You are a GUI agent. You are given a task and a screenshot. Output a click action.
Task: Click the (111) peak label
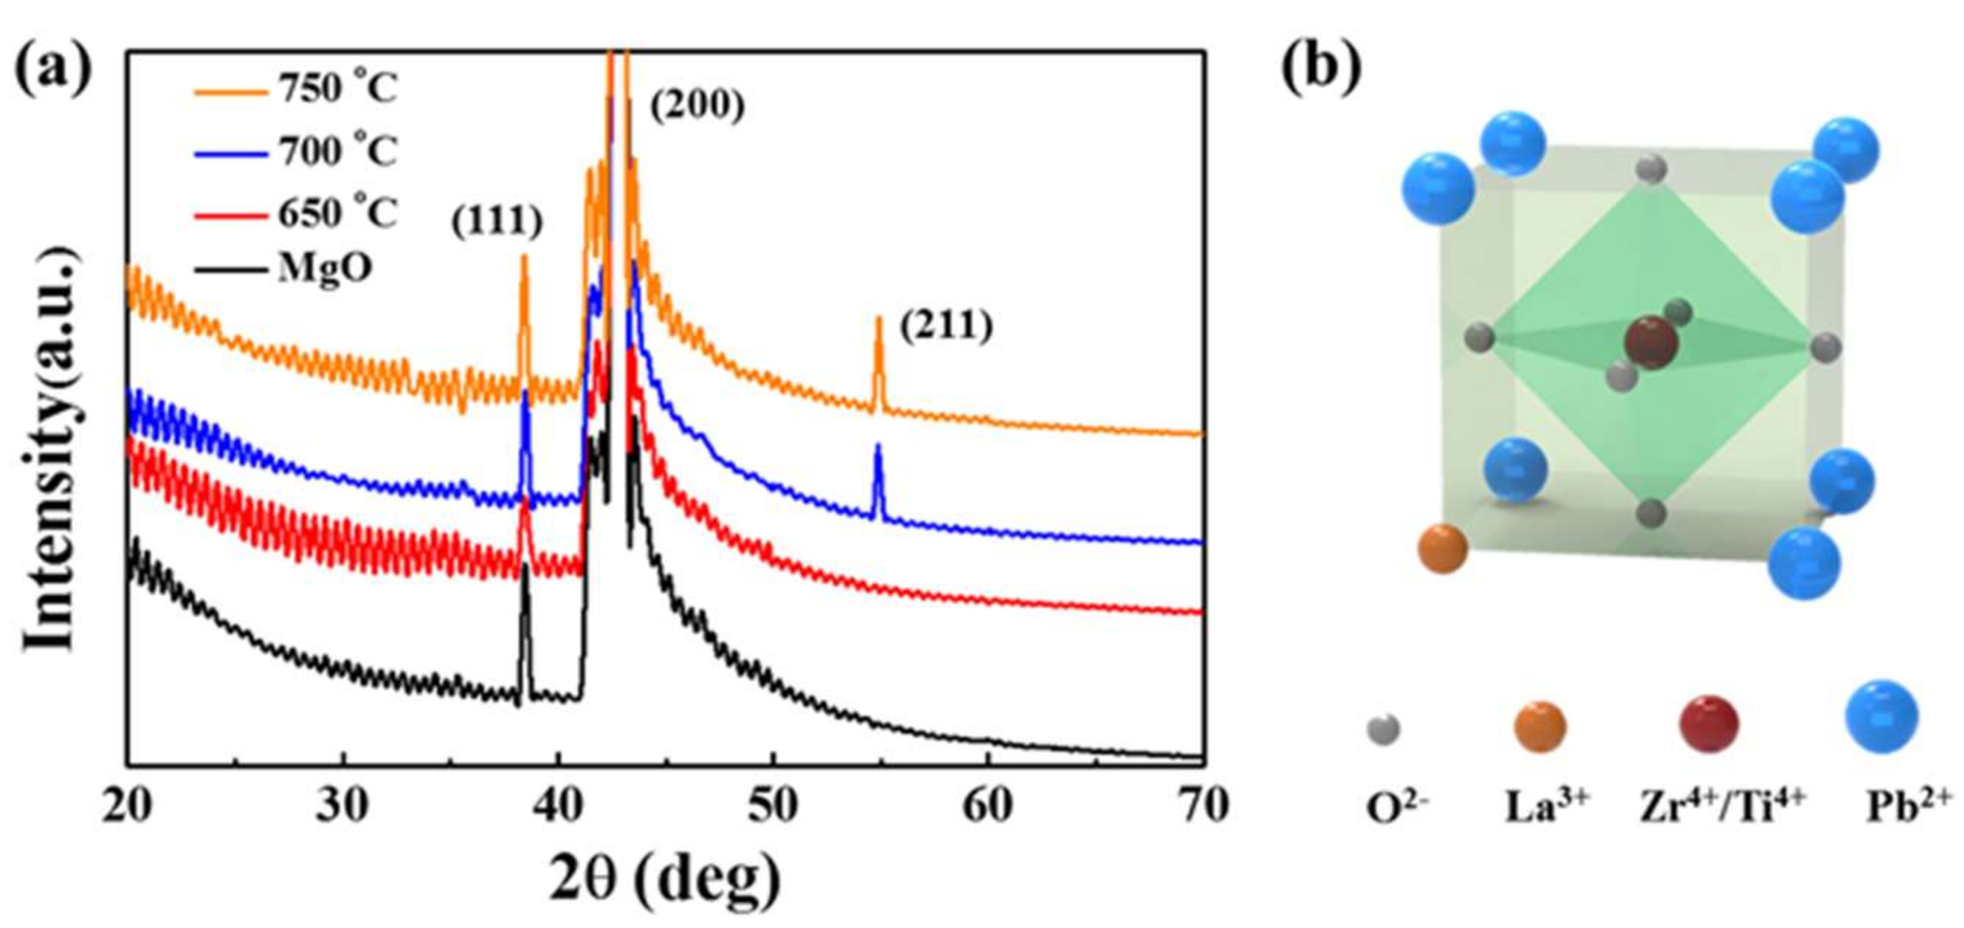click(497, 222)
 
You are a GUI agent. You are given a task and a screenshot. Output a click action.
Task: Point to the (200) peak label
click(697, 106)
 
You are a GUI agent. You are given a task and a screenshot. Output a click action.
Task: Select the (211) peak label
click(946, 327)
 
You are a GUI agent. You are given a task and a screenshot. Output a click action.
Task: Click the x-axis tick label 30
click(342, 806)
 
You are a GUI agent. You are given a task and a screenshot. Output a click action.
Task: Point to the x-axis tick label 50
click(773, 806)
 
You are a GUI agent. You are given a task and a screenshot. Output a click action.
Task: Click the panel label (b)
click(1321, 67)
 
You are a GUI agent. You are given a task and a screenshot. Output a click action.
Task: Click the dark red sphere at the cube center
click(1650, 343)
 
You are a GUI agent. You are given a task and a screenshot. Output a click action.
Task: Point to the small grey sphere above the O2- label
click(1383, 729)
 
